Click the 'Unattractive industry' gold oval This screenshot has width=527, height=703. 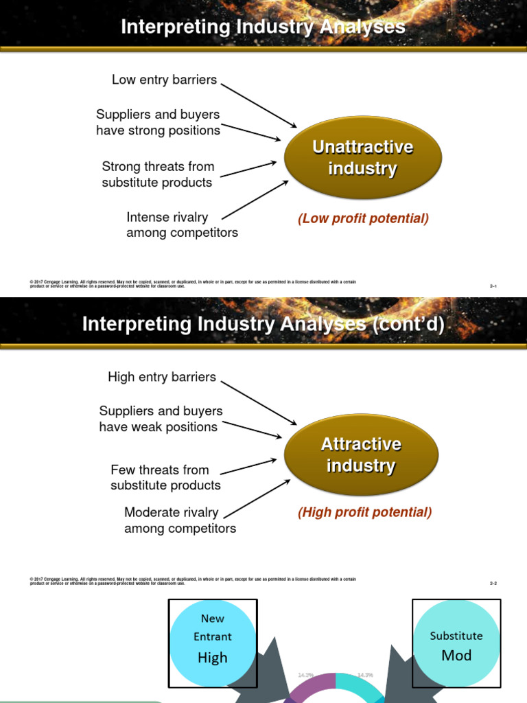(362, 158)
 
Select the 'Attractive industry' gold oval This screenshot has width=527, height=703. (361, 454)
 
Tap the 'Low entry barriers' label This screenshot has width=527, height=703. (164, 80)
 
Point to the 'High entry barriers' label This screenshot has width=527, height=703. (162, 377)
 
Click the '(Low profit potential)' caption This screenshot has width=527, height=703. (363, 218)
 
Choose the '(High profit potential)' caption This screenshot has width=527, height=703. (364, 512)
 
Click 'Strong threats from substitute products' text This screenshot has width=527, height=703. (158, 174)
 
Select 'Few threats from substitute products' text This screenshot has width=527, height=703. (165, 477)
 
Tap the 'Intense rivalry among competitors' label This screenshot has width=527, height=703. (182, 225)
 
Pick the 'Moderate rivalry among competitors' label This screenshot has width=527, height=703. (180, 520)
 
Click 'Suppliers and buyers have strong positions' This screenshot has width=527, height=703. (158, 122)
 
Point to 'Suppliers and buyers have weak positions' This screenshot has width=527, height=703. (161, 419)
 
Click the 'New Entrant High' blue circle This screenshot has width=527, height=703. (213, 643)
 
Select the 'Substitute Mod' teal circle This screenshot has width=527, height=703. (456, 644)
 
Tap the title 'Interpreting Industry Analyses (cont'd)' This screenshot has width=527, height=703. (263, 323)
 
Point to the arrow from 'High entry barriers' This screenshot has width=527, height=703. (259, 403)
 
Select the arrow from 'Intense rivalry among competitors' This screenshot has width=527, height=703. (255, 200)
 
